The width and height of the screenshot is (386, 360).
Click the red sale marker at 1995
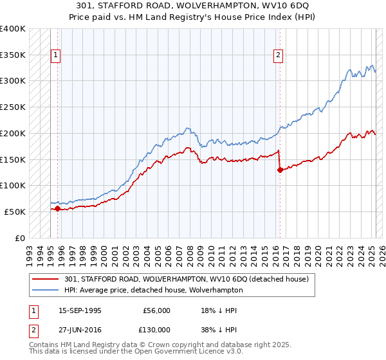click(57, 208)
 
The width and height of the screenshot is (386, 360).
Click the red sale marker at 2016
click(280, 170)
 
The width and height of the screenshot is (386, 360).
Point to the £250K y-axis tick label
click(13, 107)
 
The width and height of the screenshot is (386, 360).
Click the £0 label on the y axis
click(20, 238)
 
